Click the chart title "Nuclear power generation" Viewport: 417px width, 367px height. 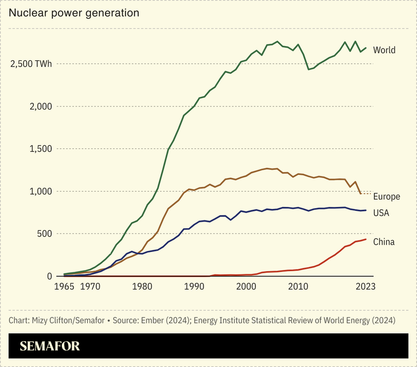(74, 12)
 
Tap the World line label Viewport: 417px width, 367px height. (384, 50)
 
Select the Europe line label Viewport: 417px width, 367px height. (386, 197)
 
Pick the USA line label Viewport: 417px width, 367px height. (381, 213)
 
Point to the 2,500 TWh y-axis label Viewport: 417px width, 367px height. (31, 64)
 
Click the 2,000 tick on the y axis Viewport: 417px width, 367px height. (41, 107)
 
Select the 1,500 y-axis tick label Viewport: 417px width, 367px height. (41, 149)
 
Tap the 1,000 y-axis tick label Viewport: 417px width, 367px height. (41, 191)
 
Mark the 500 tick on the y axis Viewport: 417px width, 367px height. (45, 233)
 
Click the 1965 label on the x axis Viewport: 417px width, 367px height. (64, 287)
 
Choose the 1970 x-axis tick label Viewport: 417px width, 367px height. (90, 287)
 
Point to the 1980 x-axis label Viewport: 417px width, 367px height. (142, 287)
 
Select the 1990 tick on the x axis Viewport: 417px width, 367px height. (194, 287)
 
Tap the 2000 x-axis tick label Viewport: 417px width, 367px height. (246, 287)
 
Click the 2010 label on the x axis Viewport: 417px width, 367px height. (298, 287)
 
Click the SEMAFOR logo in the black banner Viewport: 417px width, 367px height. (50, 346)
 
